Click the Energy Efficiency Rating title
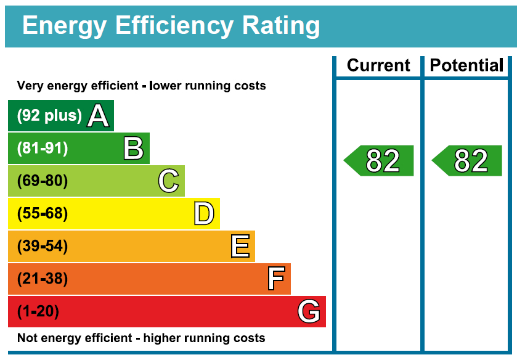(171, 27)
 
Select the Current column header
(378, 65)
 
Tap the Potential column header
(466, 65)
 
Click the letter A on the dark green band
(98, 116)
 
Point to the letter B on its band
(133, 149)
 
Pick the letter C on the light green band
(168, 181)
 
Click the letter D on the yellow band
(204, 214)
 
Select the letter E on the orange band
(240, 247)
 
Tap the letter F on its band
(276, 279)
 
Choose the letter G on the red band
(309, 312)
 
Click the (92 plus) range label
(49, 116)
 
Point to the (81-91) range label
(43, 149)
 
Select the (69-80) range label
(43, 181)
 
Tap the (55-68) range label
(43, 214)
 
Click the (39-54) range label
(43, 247)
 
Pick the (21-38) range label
(43, 279)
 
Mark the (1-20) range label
(38, 312)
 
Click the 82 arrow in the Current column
(379, 161)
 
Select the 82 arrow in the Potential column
(467, 161)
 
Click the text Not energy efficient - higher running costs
(141, 338)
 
